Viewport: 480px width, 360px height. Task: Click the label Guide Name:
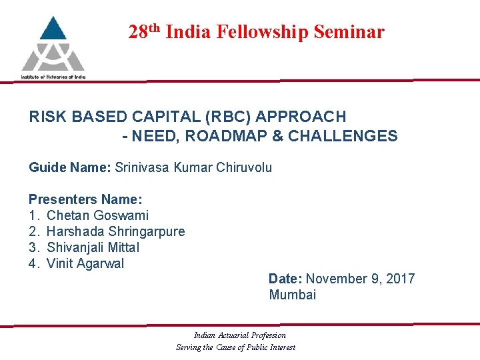click(x=69, y=167)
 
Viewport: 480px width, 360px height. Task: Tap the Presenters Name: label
click(x=85, y=199)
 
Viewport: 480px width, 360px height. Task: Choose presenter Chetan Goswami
click(x=97, y=215)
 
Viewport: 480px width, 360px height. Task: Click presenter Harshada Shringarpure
click(x=115, y=231)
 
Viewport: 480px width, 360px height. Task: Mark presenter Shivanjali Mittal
click(x=93, y=247)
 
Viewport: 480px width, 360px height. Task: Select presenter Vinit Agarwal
click(x=85, y=263)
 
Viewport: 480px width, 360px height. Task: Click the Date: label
click(x=285, y=279)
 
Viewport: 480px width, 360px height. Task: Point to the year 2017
click(x=400, y=279)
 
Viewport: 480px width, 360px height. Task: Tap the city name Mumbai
click(x=293, y=295)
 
